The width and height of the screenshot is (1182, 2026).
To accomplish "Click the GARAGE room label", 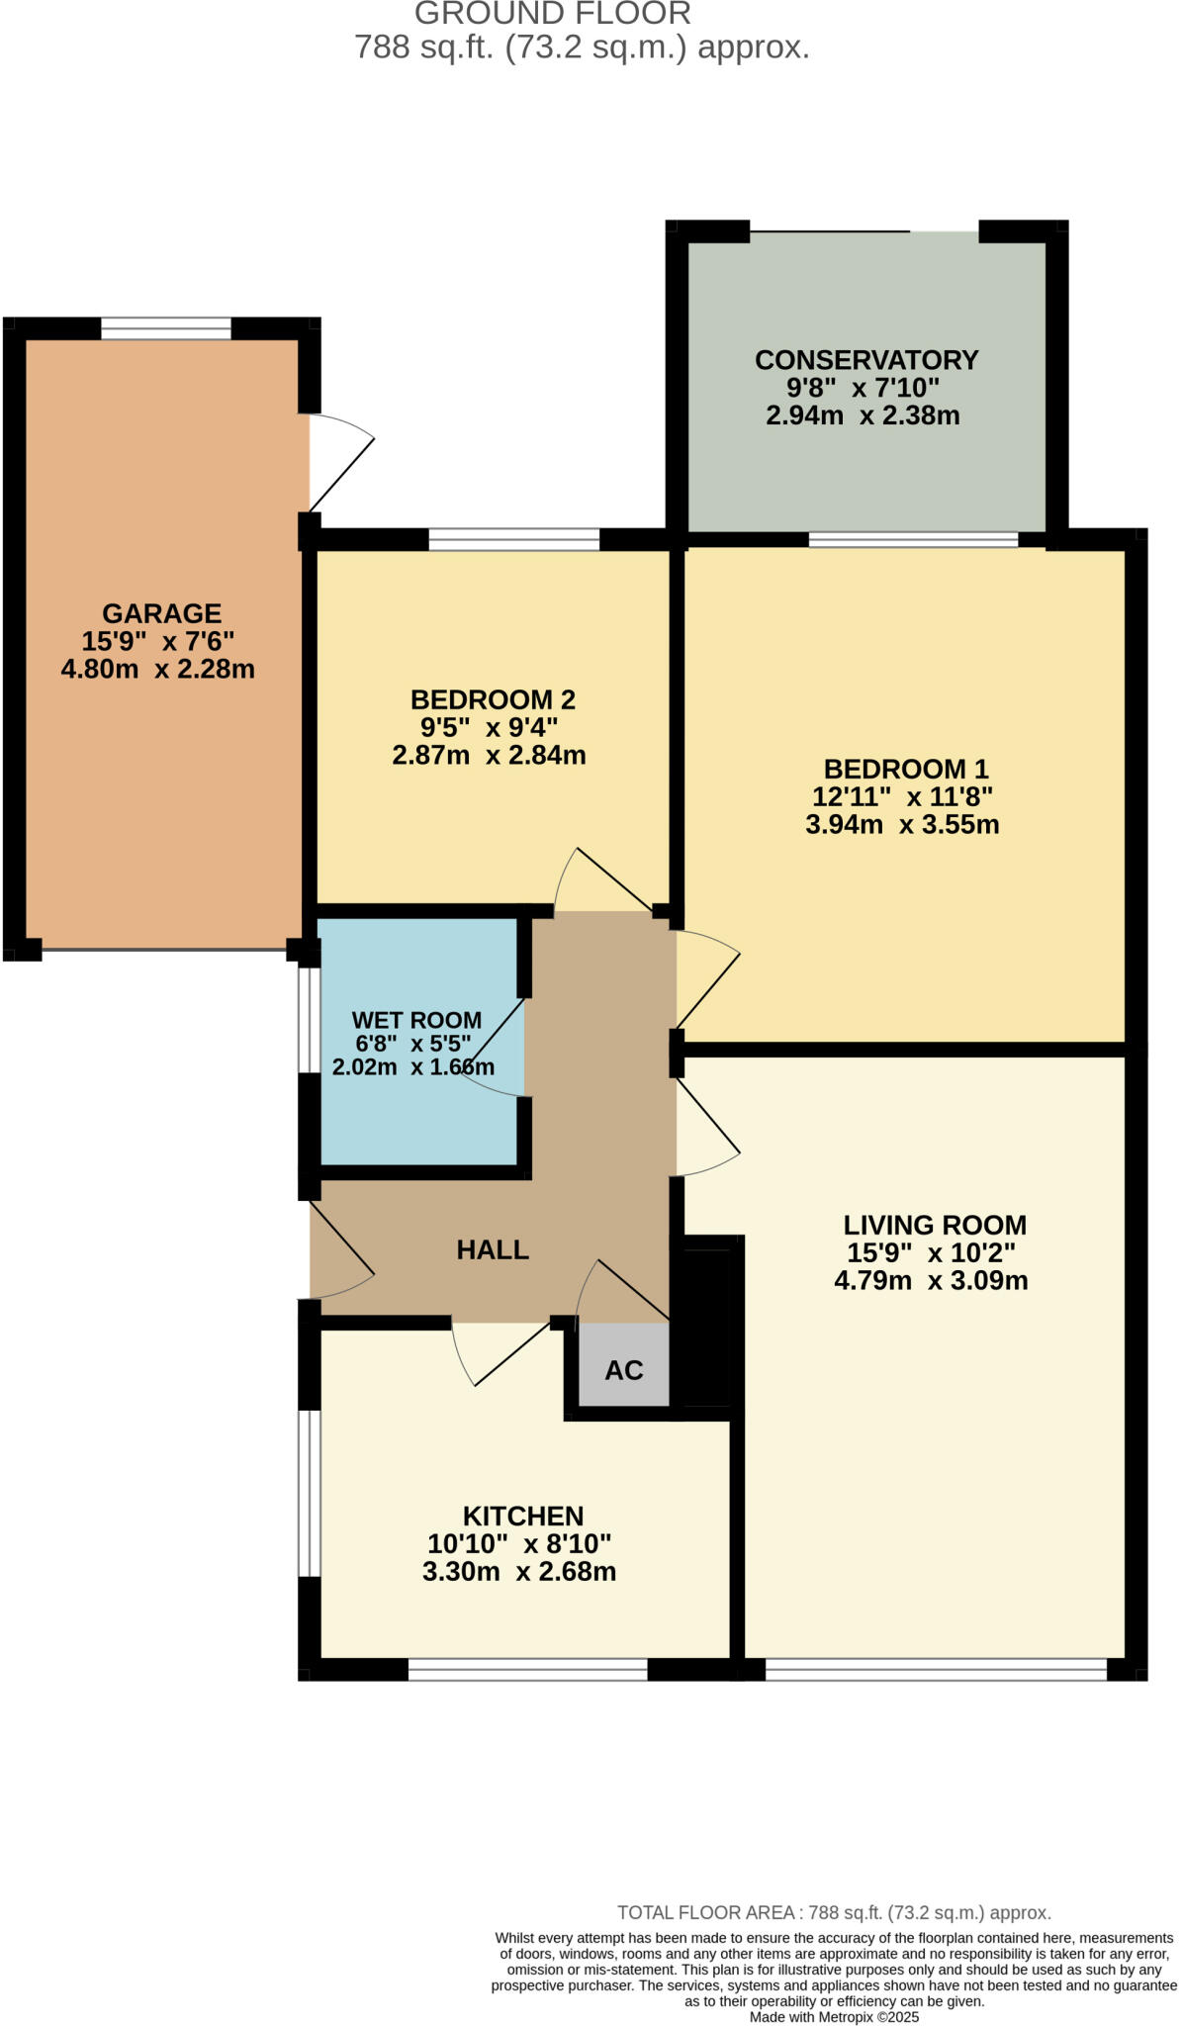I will tap(161, 613).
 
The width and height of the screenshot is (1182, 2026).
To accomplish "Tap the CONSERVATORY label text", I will tap(866, 360).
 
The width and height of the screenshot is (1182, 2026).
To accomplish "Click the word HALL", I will tap(493, 1249).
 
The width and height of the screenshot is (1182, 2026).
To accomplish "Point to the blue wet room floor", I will tap(415, 1118).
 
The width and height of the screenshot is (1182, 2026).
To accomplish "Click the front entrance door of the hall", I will tap(339, 1251).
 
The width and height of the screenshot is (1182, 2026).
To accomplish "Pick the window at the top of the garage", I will tap(166, 328).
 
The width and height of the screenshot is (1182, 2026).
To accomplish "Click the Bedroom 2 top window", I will tap(513, 540).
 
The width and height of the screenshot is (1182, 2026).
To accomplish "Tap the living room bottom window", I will tap(936, 1671).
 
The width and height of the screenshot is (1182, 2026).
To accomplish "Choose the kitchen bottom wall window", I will tap(527, 1671).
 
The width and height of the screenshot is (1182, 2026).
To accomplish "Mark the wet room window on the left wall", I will tap(310, 1020).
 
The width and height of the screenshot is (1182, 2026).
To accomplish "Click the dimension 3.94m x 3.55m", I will tap(902, 824).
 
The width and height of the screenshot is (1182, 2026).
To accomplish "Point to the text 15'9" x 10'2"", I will tap(931, 1252).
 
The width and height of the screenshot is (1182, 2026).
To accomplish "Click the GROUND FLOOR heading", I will tap(552, 14).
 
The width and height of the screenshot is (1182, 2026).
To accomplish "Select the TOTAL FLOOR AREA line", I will tap(834, 1912).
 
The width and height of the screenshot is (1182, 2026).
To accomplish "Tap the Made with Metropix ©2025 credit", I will tap(834, 2016).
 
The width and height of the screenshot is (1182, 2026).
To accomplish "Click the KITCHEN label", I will tap(523, 1516).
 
